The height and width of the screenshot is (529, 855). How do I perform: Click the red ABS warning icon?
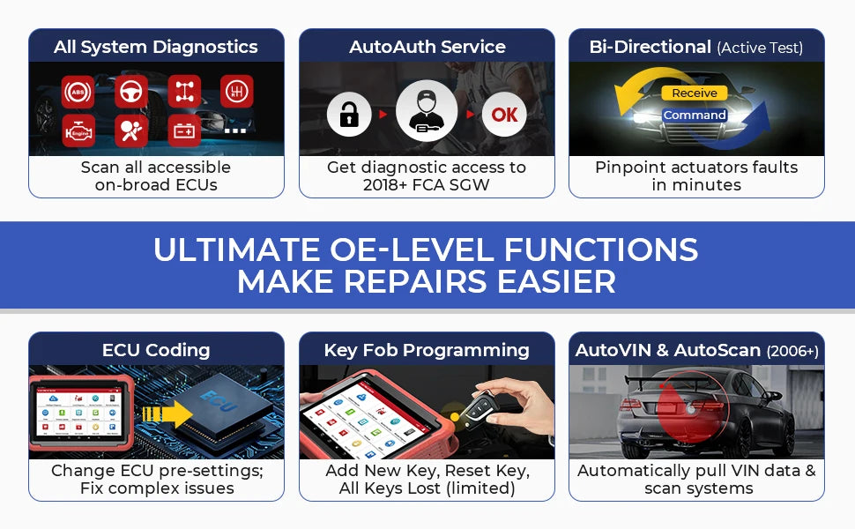[78, 92]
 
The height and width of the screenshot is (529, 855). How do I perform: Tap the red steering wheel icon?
[131, 92]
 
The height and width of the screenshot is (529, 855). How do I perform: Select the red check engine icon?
[78, 130]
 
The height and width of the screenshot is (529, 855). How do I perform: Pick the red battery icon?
[184, 130]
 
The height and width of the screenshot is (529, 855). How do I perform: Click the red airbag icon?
[131, 130]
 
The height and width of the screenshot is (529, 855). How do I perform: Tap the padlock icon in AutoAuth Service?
[348, 115]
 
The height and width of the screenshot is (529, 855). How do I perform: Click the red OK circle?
[504, 115]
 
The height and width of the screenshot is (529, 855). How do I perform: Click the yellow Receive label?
[695, 93]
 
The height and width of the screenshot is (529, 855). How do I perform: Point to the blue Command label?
[695, 115]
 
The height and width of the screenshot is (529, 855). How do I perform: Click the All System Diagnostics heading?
[156, 48]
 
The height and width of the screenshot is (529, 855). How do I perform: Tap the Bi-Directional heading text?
[650, 48]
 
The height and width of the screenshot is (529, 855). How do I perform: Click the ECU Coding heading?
[156, 350]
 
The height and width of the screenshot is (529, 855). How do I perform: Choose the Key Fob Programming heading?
[427, 350]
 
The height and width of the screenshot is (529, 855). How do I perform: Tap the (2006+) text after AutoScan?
[792, 351]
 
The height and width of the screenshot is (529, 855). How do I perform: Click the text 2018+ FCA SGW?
[427, 185]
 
